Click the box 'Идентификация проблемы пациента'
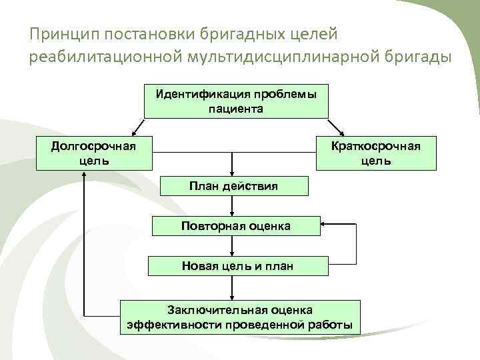click(236, 101)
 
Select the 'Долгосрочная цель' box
click(93, 153)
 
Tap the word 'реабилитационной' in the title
click(103, 57)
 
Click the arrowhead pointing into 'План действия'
click(231, 174)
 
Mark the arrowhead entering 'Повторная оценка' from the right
click(322, 225)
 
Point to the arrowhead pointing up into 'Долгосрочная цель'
click(84, 175)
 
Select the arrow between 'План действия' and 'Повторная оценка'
click(231, 206)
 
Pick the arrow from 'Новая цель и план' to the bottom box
click(231, 288)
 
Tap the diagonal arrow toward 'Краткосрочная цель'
click(335, 127)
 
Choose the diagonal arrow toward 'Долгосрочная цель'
click(138, 127)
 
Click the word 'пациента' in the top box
click(236, 108)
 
